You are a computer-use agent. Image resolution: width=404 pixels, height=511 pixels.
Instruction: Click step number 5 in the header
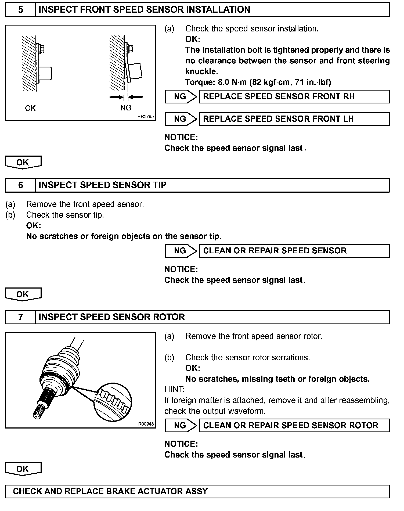tap(20, 10)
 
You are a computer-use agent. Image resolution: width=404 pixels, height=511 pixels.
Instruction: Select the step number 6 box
tap(20, 185)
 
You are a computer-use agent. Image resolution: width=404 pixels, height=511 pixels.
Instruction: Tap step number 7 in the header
tap(20, 317)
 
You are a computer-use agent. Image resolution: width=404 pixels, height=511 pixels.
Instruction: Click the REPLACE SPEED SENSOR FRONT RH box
tap(294, 96)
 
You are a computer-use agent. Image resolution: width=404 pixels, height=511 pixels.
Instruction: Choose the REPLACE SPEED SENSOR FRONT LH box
tap(294, 119)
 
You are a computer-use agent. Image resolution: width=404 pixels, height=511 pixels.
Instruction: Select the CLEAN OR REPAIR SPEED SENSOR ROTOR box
tap(294, 426)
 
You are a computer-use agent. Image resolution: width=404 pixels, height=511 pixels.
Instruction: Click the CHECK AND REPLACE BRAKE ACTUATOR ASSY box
tap(197, 491)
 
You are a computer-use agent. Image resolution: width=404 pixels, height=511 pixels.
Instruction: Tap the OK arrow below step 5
tap(23, 162)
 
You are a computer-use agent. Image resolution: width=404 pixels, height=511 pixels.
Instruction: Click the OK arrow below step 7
tap(23, 469)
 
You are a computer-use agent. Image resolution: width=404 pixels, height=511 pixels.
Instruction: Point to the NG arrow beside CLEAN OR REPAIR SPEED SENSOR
tap(181, 251)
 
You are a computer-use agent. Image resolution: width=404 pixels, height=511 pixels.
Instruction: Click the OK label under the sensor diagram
tap(30, 108)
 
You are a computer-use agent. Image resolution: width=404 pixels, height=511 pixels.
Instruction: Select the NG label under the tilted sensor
tap(126, 108)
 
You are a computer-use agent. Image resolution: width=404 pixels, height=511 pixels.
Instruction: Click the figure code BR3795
tap(146, 117)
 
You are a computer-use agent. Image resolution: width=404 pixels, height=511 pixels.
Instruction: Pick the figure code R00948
tap(146, 424)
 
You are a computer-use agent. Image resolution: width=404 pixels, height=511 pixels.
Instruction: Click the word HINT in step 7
tap(174, 390)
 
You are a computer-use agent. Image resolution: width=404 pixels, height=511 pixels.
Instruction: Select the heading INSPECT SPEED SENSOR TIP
tap(103, 185)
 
